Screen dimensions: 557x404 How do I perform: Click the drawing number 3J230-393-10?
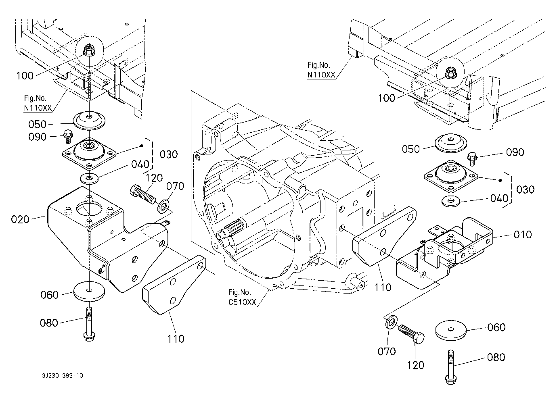(63, 375)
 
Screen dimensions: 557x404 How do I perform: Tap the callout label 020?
(20, 219)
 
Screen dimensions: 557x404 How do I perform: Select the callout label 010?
(523, 235)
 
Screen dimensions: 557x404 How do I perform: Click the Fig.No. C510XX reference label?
(242, 297)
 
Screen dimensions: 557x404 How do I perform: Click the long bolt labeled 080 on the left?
(90, 324)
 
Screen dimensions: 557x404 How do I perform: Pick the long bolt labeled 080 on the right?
(451, 367)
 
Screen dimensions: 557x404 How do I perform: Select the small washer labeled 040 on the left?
(89, 178)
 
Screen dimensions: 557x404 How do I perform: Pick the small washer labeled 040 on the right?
(450, 201)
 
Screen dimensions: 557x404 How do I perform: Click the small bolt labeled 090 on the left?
(68, 136)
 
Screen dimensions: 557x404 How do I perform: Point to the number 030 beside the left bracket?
(169, 154)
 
